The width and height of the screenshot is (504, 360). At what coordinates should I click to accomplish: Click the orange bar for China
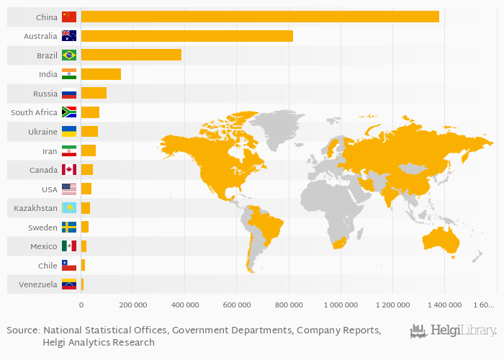[x=259, y=17]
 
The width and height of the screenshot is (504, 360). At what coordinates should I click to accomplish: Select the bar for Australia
[x=186, y=36]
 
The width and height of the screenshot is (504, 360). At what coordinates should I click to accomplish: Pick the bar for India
[x=101, y=74]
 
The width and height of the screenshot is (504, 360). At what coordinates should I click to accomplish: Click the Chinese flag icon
[x=69, y=17]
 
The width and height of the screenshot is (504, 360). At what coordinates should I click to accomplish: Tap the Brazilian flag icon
[x=69, y=55]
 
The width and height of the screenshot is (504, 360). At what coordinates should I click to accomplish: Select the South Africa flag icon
[x=69, y=112]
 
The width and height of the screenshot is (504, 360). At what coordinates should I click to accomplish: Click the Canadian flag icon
[x=69, y=170]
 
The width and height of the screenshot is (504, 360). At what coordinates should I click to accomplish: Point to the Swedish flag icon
[x=69, y=227]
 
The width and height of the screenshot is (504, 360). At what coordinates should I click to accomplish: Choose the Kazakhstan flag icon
[x=69, y=208]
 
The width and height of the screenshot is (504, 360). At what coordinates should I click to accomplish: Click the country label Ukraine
[x=42, y=132]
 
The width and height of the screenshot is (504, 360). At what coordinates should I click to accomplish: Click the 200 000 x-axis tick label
[x=133, y=305]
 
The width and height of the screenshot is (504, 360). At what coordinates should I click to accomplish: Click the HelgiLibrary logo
[x=454, y=331]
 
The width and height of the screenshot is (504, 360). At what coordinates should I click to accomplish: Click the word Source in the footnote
[x=22, y=330]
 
